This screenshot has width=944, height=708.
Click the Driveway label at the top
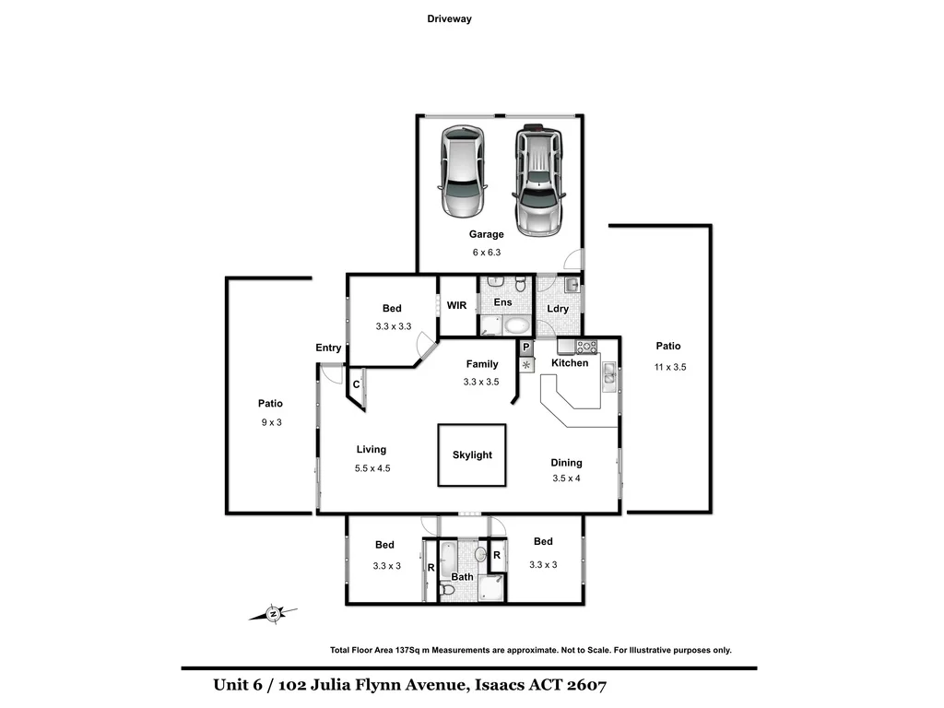pos(450,18)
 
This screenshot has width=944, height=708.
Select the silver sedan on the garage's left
pos(463,171)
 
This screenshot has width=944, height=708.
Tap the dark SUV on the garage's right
pos(538,180)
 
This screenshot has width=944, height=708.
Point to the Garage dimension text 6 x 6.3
pos(486,252)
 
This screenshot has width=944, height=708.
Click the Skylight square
pos(472,454)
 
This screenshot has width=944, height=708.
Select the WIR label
pos(457,305)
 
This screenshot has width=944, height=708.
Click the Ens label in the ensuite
pos(502,302)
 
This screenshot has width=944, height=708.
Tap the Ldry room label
pos(558,309)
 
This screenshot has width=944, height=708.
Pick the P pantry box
pos(525,348)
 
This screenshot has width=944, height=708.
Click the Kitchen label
pos(570,363)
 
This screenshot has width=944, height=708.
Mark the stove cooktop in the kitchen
pos(586,347)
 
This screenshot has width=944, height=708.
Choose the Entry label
pos(328,348)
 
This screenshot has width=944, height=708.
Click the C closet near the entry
pos(356,384)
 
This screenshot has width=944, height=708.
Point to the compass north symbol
pos(274,611)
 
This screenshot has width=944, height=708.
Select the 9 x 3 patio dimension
pos(270,423)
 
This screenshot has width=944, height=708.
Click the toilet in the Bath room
pos(446,588)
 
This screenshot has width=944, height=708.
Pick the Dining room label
pos(567,463)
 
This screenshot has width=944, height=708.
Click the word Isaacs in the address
pos(502,685)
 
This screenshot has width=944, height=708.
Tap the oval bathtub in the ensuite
pos(517,324)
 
